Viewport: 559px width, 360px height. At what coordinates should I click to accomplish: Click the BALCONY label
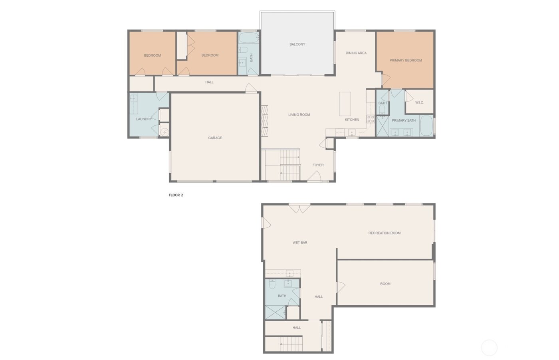tap(297, 44)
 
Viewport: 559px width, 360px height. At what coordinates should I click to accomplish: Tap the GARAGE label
tap(215, 138)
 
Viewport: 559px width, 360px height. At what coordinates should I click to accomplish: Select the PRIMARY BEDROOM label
tap(405, 60)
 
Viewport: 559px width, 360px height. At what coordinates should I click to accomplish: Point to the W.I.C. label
tap(419, 103)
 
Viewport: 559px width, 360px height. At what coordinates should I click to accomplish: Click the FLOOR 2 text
tap(176, 195)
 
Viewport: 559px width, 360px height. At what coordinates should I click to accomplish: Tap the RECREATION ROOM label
tap(384, 233)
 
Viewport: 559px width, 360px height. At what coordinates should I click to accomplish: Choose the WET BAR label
tap(299, 243)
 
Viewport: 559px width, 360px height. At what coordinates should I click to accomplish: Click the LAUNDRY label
tap(144, 119)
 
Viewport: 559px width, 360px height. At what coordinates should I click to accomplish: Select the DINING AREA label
tap(356, 53)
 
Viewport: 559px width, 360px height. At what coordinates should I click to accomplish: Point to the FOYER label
tap(318, 165)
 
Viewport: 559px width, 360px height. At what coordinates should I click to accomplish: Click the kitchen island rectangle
tap(345, 104)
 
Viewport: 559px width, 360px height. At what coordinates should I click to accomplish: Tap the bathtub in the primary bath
tap(426, 126)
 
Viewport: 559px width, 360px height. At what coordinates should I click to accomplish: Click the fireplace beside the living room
tap(264, 121)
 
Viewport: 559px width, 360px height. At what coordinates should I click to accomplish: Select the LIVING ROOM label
tap(299, 115)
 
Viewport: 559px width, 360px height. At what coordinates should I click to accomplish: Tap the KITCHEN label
tap(352, 120)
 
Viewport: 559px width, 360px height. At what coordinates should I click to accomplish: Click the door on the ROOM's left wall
tap(340, 287)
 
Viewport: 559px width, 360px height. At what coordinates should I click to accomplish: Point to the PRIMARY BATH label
tap(403, 121)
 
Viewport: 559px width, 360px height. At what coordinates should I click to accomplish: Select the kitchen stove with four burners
tap(371, 119)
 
